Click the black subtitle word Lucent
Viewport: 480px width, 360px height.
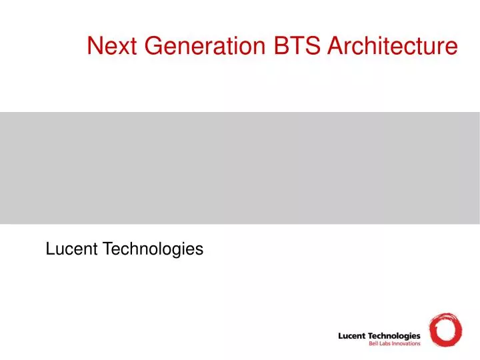click(70, 249)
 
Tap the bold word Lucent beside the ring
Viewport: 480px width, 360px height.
click(353, 335)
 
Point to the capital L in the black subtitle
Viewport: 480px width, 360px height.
click(49, 249)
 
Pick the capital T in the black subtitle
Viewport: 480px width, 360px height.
click(105, 249)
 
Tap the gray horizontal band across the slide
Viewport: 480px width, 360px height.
click(240, 167)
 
